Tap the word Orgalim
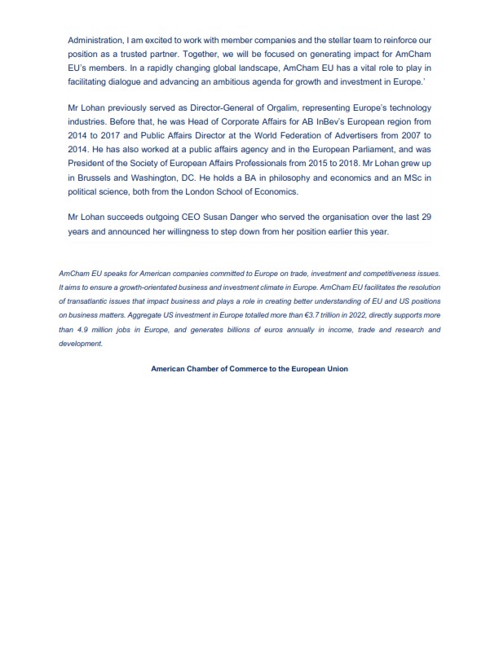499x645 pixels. coord(276,108)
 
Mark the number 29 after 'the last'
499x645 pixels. coord(423,218)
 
